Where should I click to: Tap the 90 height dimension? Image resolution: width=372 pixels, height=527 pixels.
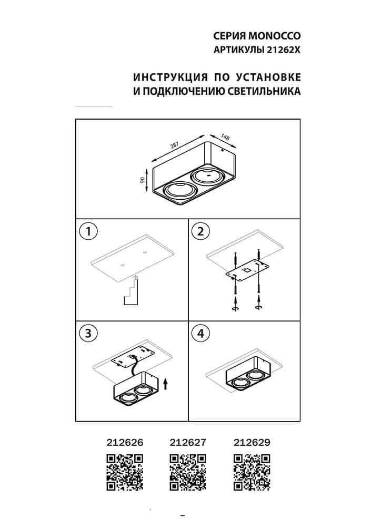coord(143,180)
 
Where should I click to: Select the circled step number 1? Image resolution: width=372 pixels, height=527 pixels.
coord(88,231)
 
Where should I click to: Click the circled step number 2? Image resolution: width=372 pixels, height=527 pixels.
coord(200,231)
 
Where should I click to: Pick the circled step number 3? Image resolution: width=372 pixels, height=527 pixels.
coord(88,333)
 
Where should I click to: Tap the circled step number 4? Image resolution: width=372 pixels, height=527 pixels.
coord(200,333)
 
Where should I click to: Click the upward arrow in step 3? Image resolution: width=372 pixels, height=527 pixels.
coord(166,383)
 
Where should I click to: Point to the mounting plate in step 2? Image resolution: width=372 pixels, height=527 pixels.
coord(246,271)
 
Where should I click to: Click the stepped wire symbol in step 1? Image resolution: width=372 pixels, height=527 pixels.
coord(130,292)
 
